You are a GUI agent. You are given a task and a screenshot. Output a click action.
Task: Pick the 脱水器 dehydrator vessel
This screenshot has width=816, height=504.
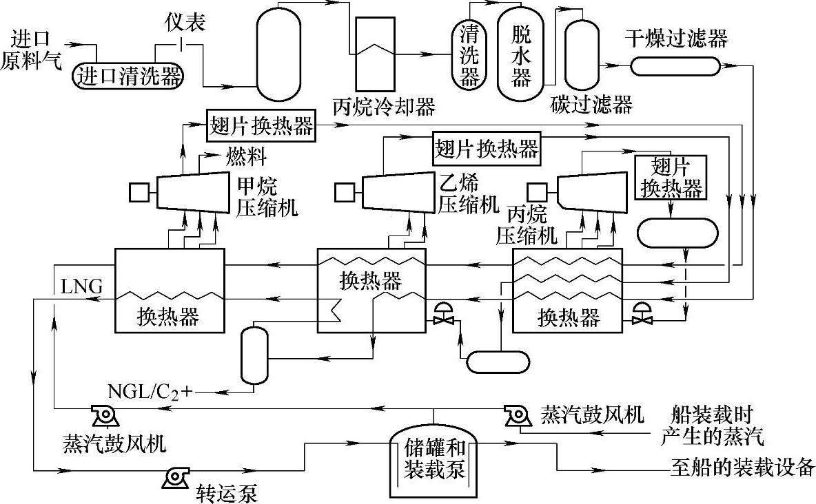point(521,54)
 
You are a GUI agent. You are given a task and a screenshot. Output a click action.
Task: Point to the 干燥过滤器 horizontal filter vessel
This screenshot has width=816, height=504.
point(675,66)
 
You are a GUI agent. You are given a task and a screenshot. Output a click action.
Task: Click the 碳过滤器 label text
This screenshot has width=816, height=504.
point(591,105)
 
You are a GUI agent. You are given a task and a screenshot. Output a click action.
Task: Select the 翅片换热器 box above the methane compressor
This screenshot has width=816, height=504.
point(261,126)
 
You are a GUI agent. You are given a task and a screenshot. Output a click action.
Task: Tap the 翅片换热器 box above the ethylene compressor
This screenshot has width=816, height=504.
point(487,147)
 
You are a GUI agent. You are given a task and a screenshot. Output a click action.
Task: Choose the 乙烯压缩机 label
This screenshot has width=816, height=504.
point(467,193)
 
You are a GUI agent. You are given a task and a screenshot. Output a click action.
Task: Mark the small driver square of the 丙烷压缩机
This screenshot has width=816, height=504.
point(537,191)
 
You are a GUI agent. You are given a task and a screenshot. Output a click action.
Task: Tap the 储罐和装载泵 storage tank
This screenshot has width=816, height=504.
point(434,460)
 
